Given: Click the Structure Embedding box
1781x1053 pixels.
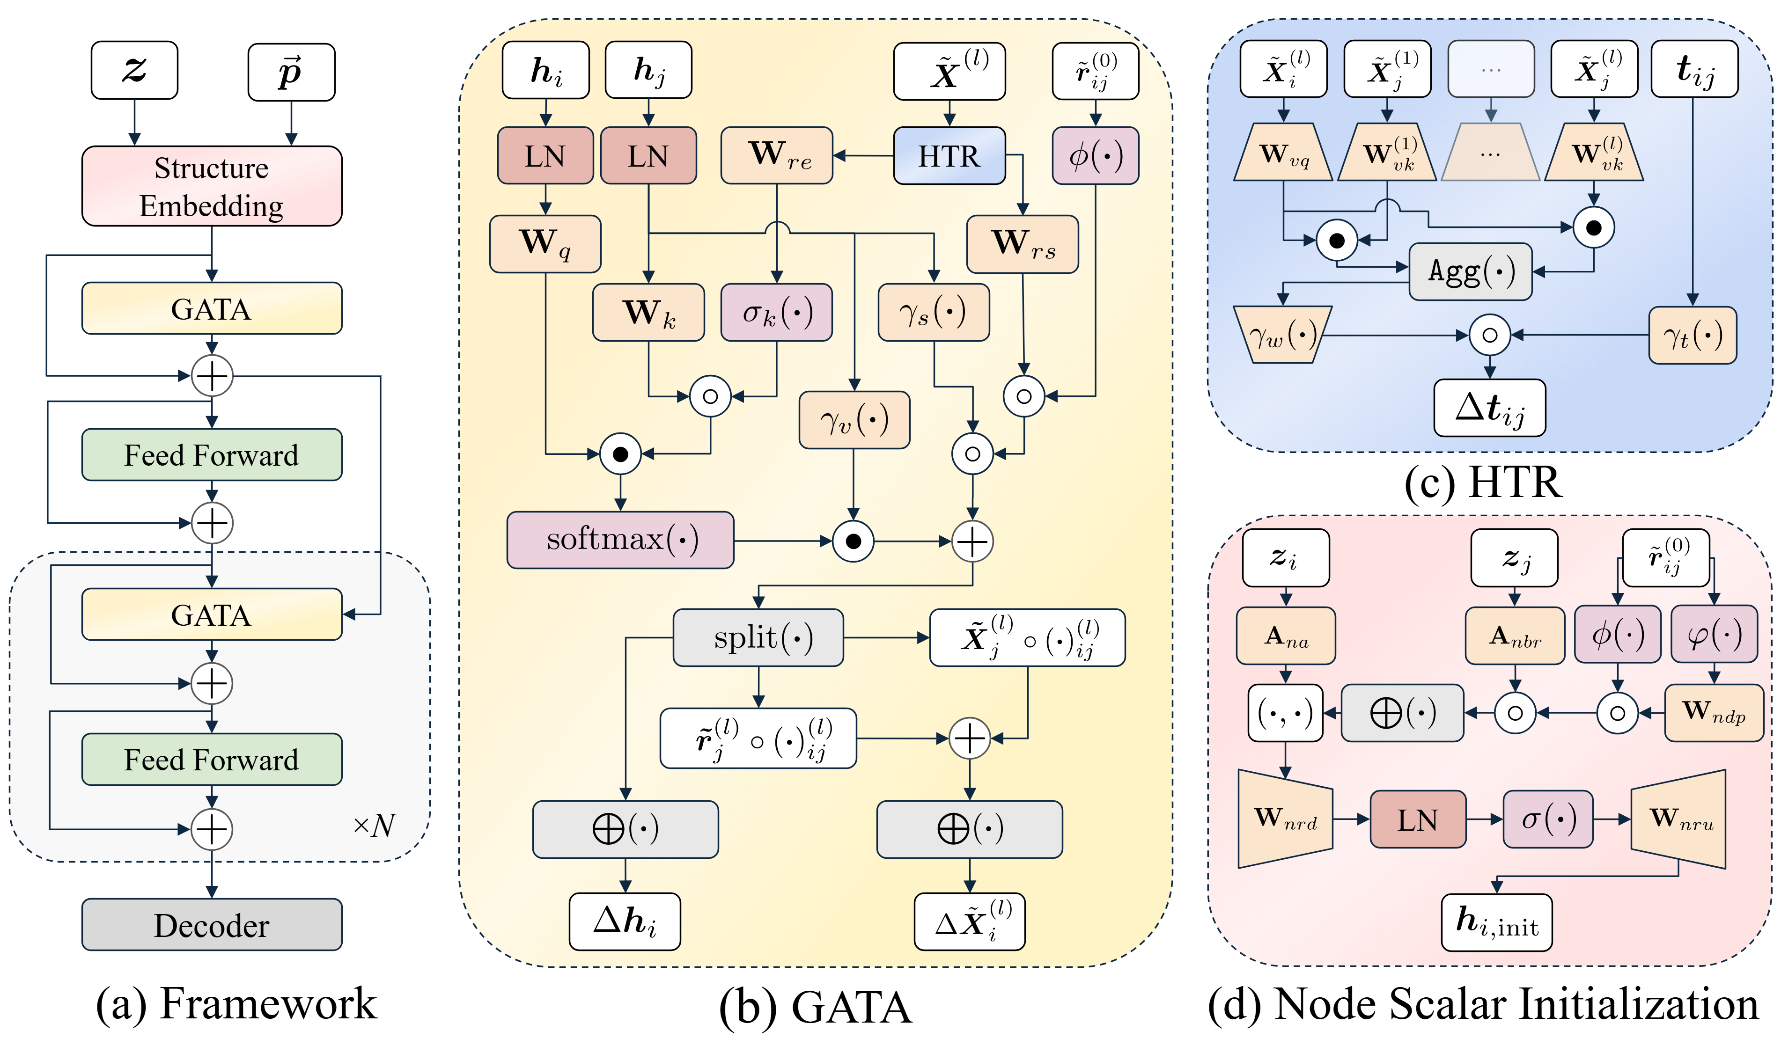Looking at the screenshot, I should pos(212,186).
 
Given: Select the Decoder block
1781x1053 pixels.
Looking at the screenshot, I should pos(212,925).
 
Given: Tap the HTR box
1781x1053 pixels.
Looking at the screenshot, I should pos(949,155).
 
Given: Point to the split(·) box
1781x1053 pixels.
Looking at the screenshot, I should pos(758,637).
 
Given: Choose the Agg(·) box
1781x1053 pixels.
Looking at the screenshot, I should pos(1470,271).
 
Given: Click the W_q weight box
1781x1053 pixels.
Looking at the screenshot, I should pos(545,243).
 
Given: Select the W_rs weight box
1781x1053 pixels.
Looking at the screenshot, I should pos(1022,243).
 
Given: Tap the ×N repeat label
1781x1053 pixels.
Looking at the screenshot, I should pos(374,825).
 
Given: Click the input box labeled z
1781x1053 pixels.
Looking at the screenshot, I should pos(134,70).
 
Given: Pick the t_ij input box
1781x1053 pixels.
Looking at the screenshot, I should pos(1694,69).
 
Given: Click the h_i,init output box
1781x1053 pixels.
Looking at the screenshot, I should pos(1496,922).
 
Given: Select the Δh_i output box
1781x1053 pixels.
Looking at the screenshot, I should pos(625,921).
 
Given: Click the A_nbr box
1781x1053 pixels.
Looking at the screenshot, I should pos(1515,636).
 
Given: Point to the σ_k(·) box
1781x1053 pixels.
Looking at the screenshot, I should pos(777,312).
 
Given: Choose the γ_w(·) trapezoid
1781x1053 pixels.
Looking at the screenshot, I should pos(1282,334).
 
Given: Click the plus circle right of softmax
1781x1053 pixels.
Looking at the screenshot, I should pos(972,541).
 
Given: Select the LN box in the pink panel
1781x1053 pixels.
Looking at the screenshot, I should pos(1418,819).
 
